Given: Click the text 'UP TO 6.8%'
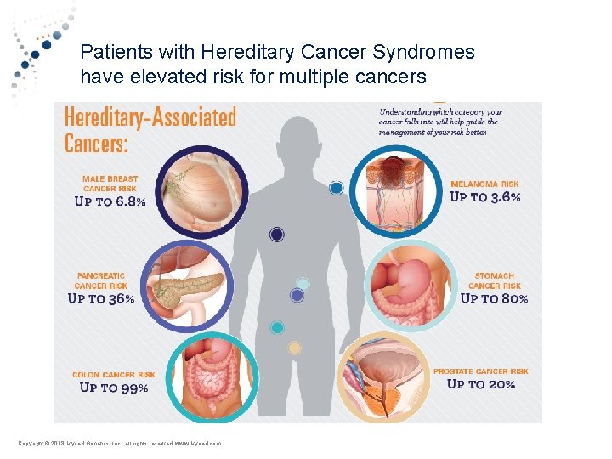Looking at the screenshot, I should tap(110, 202).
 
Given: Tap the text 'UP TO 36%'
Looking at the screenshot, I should tap(100, 299).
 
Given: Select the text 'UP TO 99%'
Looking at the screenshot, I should tap(113, 388).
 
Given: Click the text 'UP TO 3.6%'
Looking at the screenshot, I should tap(484, 197).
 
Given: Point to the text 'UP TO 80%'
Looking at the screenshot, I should tap(494, 298).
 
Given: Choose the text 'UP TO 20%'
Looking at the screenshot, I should tap(481, 384).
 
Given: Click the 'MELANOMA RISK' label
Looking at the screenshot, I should tap(484, 184).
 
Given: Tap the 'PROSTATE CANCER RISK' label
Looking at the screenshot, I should tap(480, 371).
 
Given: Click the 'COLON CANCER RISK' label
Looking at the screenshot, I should tap(114, 375).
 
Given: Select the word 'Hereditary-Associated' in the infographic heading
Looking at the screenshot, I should tap(150, 116).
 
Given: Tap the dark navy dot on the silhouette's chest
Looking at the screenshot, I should tap(276, 235).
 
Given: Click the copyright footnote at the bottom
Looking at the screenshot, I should tap(118, 444).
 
